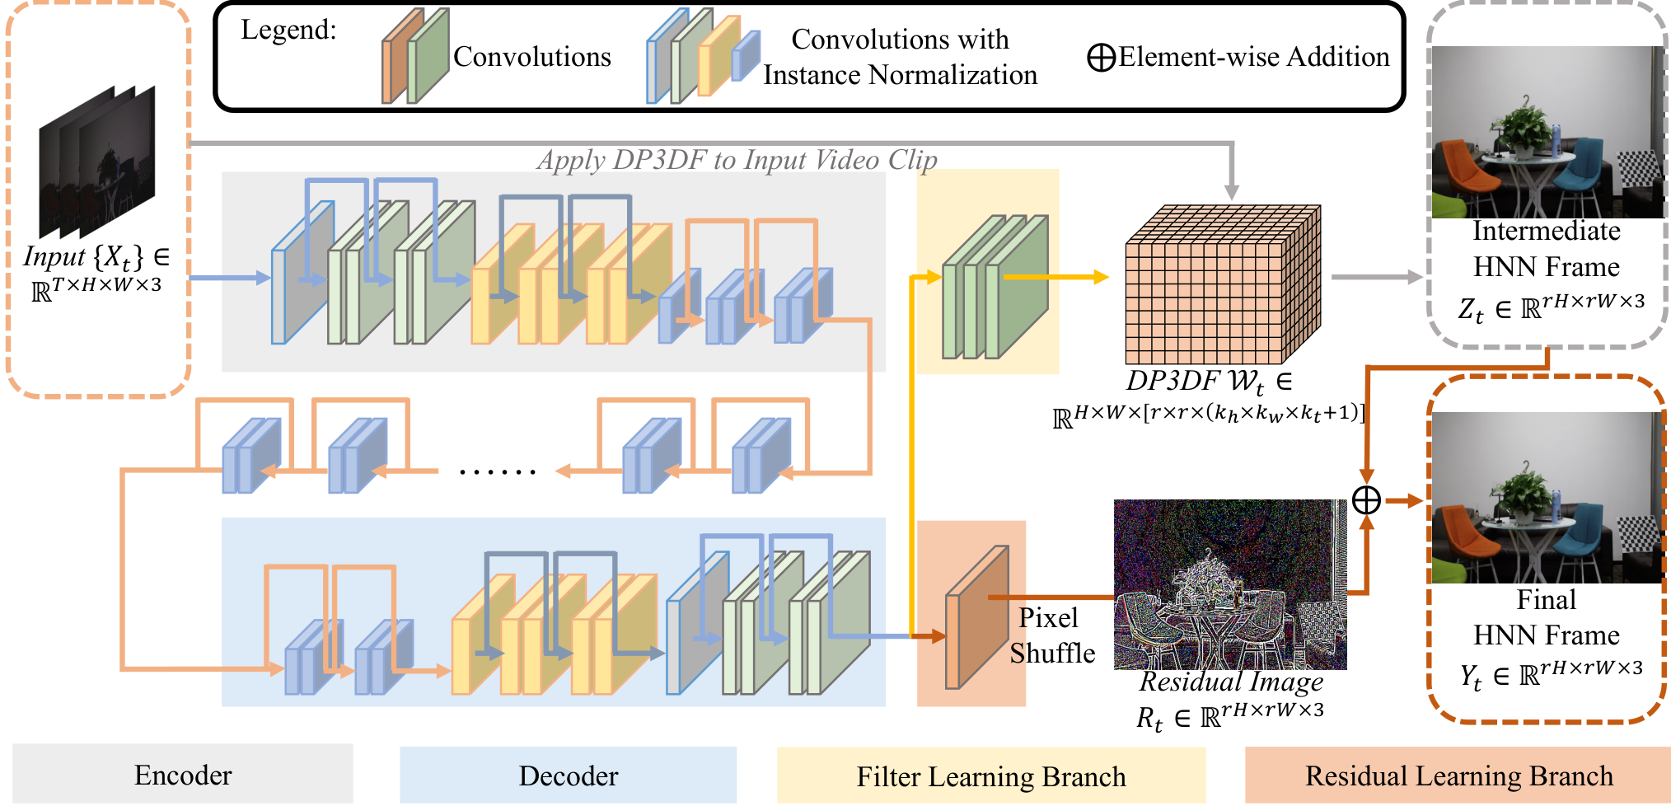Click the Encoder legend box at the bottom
tap(183, 774)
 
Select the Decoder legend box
tap(569, 775)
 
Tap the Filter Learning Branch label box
tap(991, 776)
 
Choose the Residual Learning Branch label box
tap(1458, 775)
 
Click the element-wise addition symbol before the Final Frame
tap(1366, 500)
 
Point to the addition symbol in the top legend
tap(1102, 58)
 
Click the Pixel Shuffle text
tap(1052, 635)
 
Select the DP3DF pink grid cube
tap(1223, 284)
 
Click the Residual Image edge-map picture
tap(1230, 584)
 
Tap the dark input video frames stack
tap(97, 162)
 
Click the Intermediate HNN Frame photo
tap(1547, 132)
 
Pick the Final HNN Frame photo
tap(1547, 498)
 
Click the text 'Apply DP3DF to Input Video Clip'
tap(737, 160)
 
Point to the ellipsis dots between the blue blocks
tap(498, 472)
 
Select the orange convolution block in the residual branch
tap(977, 616)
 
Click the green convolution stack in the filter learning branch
tap(995, 287)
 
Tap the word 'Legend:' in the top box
tap(288, 30)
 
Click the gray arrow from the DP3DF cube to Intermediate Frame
tap(1378, 277)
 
